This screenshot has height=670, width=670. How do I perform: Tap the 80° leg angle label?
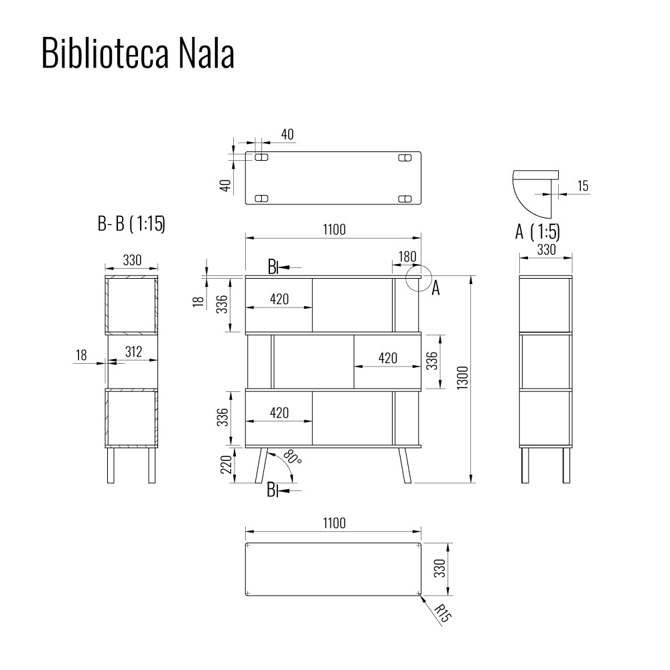click(291, 458)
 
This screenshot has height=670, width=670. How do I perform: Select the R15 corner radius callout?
click(441, 613)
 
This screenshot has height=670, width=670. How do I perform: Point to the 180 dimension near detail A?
click(407, 256)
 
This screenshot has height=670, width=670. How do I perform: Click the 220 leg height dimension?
click(226, 464)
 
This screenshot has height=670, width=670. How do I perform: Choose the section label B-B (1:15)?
click(131, 224)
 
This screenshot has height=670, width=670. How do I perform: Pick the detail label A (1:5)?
click(537, 232)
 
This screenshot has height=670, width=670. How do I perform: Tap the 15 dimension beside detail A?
click(583, 186)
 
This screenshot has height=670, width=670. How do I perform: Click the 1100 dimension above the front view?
click(333, 230)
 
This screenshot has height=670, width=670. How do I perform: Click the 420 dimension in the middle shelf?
click(387, 358)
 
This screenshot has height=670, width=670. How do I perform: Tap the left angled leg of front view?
click(261, 464)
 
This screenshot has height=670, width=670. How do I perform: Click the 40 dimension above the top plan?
click(287, 134)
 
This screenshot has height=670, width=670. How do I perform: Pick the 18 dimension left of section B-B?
click(82, 355)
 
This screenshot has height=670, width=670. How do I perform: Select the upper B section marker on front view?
click(273, 267)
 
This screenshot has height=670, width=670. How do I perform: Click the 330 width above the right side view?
click(546, 250)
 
